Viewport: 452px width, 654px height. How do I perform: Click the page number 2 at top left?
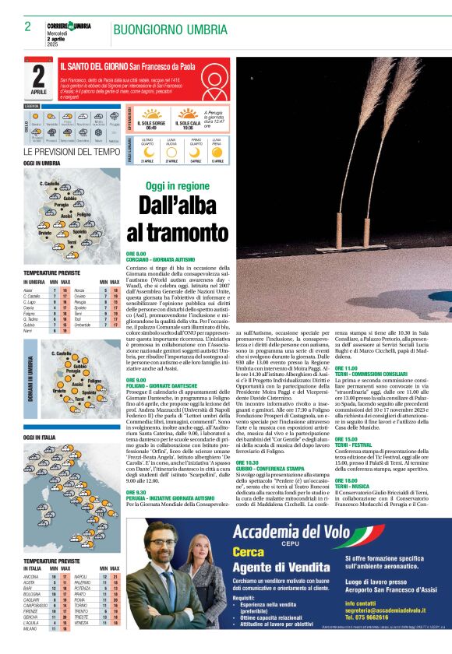coord(27,26)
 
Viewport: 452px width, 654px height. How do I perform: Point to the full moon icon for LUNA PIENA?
coord(217,152)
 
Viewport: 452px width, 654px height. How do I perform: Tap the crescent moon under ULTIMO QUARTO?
coord(147,152)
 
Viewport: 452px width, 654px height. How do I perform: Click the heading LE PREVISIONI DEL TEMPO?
coord(72,151)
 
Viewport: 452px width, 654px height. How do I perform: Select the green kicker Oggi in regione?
coord(178,187)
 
